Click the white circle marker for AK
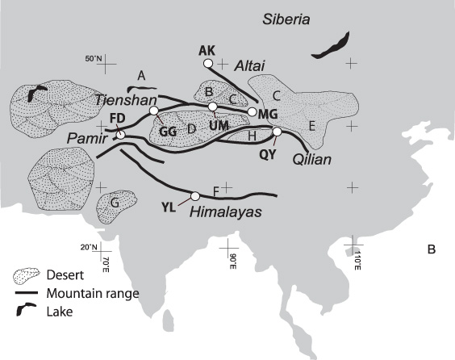[208, 63]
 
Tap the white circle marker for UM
[213, 107]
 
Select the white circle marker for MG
[253, 112]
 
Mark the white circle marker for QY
[277, 132]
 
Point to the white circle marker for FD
[120, 135]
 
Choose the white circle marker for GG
[155, 111]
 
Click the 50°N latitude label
[94, 57]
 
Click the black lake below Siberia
[332, 45]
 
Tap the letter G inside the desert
[115, 203]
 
